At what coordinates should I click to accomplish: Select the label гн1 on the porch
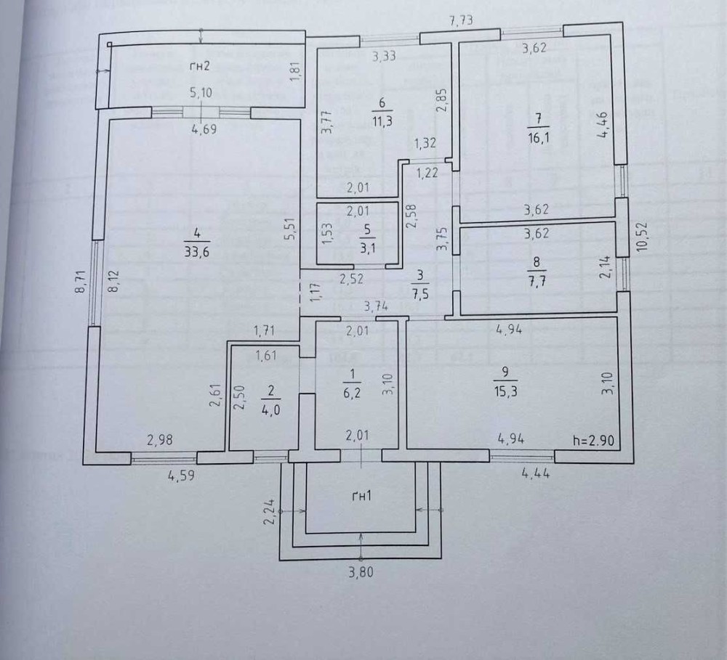pyautogui.click(x=360, y=497)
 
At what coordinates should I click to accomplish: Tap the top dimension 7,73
pyautogui.click(x=462, y=21)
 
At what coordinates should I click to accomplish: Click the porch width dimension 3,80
pyautogui.click(x=361, y=571)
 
